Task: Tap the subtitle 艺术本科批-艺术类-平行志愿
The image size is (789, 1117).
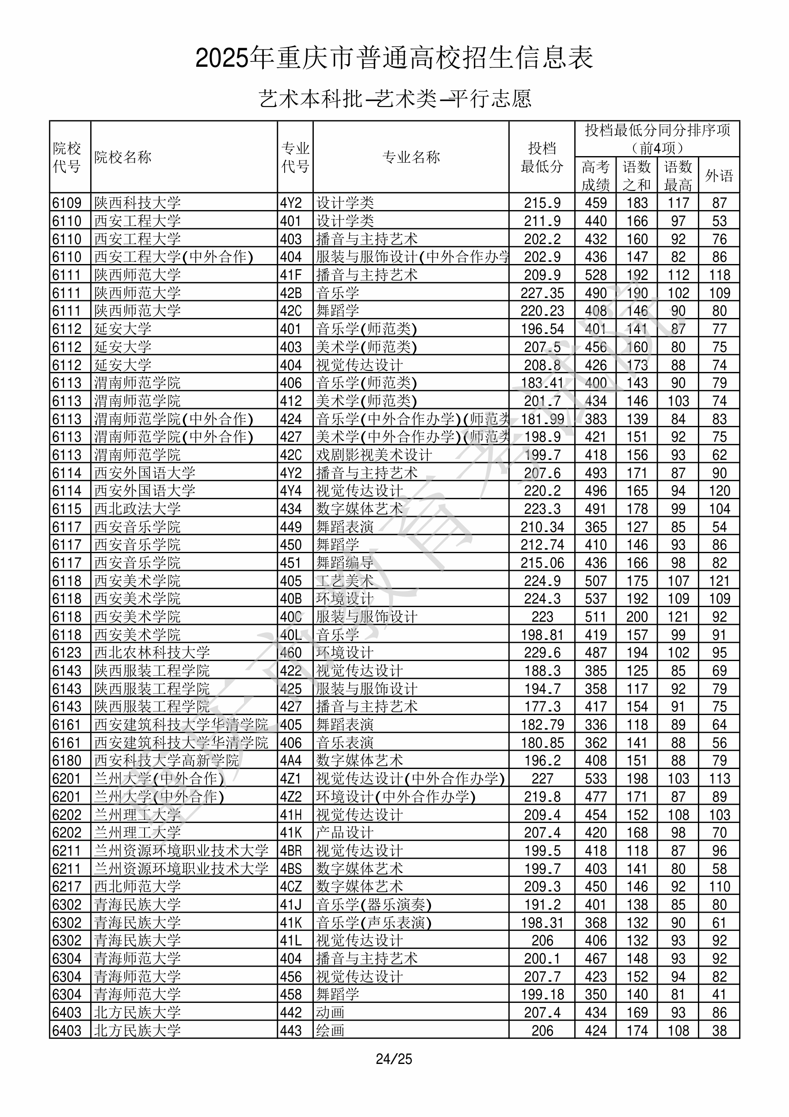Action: [x=394, y=99]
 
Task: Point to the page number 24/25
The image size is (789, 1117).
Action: [x=394, y=1059]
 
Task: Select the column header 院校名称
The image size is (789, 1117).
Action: [x=123, y=157]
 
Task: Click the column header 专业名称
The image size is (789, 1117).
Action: [x=411, y=157]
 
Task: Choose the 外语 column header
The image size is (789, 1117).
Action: [x=719, y=176]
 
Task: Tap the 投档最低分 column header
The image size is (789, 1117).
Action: [x=542, y=157]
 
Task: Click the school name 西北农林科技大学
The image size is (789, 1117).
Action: [x=152, y=652]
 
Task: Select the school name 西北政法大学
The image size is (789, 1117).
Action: [x=137, y=509]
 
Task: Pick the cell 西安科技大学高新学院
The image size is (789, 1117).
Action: [x=166, y=761]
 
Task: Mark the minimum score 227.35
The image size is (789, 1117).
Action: [x=542, y=293]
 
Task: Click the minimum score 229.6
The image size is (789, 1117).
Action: [x=542, y=652]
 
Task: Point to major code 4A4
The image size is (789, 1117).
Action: [x=291, y=761]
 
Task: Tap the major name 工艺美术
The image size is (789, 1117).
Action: [x=345, y=581]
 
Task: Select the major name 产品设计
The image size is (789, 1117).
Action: [x=345, y=832]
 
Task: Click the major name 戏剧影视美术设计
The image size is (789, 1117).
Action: [x=374, y=455]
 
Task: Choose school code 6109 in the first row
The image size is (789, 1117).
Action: [x=67, y=203]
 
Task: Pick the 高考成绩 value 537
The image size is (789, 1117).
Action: [x=596, y=599]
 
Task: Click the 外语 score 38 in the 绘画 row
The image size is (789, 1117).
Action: [x=719, y=1030]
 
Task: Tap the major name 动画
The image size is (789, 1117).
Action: [x=330, y=1012]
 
